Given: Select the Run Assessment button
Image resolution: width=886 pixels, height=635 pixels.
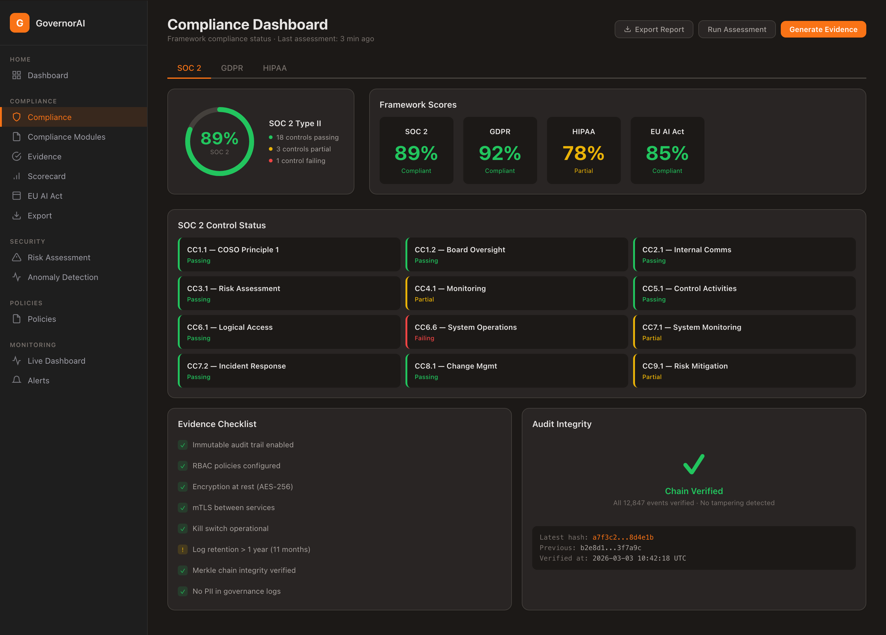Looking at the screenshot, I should [x=736, y=29].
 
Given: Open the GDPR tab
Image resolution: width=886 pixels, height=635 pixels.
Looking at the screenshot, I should [x=232, y=68].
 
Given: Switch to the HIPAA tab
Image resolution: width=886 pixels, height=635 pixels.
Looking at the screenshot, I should [x=275, y=68].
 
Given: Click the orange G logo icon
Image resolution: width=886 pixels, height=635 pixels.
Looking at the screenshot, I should [x=19, y=23].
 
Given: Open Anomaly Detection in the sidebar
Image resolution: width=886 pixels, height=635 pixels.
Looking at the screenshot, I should [x=62, y=277].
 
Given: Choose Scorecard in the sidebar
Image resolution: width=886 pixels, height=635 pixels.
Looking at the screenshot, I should [x=46, y=176].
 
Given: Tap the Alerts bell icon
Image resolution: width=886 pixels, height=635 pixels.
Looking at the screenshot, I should [x=16, y=380].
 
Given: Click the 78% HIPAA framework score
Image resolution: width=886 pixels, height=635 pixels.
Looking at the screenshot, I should [x=583, y=153].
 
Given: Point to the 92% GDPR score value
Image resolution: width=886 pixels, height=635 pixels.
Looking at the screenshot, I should [x=500, y=153].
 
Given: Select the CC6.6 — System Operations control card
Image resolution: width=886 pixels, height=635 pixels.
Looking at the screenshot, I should [x=517, y=332].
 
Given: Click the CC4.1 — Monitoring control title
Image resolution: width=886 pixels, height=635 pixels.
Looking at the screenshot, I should [x=450, y=288].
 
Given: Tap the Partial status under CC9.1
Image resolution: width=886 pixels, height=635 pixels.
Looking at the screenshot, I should [x=652, y=377].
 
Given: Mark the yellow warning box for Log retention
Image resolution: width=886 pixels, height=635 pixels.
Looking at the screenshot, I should [x=182, y=549].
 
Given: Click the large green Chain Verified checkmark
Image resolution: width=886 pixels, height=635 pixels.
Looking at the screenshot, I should [x=693, y=464].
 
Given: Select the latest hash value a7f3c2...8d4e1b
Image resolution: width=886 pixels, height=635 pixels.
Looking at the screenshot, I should [x=623, y=537].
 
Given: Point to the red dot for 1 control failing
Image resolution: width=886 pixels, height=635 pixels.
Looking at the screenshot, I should [x=270, y=161].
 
